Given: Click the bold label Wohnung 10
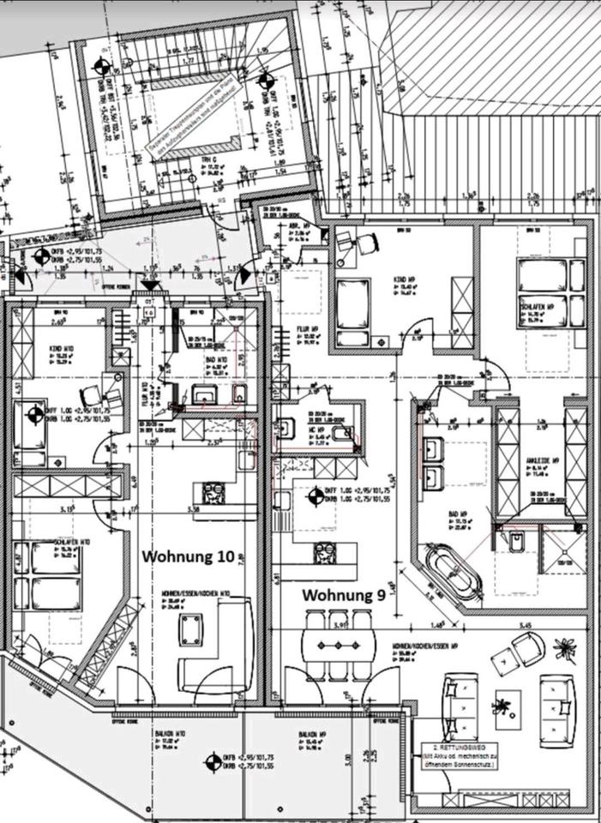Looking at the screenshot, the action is (188, 556).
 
